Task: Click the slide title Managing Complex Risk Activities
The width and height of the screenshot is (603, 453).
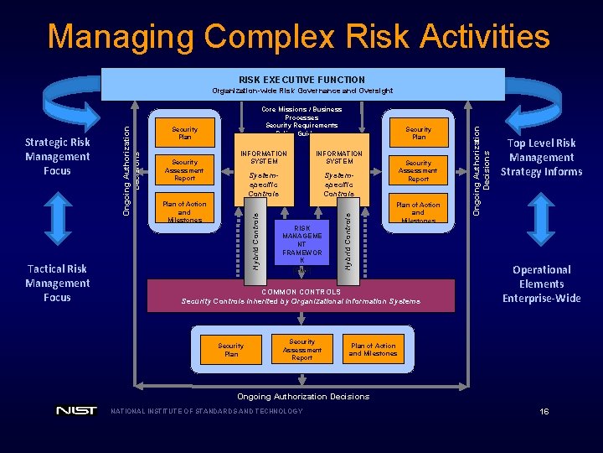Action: tap(299, 36)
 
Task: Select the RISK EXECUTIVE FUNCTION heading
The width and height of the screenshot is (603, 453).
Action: tap(301, 80)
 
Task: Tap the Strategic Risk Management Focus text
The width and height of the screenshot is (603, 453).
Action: tap(57, 156)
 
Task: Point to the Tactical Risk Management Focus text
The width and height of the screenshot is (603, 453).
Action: tap(57, 283)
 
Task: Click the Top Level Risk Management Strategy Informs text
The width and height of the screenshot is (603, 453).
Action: tap(541, 158)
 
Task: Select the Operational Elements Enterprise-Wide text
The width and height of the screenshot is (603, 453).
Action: tap(541, 284)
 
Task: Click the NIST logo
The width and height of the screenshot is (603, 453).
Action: tap(76, 411)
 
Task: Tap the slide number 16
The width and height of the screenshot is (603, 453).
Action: tap(544, 412)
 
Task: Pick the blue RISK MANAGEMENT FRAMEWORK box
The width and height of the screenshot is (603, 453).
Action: tap(301, 244)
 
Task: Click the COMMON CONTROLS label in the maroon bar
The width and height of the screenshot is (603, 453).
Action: tap(301, 291)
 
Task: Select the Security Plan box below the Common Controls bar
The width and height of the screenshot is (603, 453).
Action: tap(231, 350)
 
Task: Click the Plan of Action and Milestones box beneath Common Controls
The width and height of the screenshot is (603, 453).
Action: tap(373, 350)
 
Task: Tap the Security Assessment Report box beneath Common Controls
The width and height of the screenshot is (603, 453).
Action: tap(301, 350)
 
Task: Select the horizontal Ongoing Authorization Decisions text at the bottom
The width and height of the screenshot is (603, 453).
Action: tap(302, 396)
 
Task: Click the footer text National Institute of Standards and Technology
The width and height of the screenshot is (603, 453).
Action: tap(207, 411)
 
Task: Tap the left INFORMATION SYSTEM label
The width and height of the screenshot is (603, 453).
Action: tap(264, 158)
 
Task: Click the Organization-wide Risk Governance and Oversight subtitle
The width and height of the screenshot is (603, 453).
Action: tap(301, 91)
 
